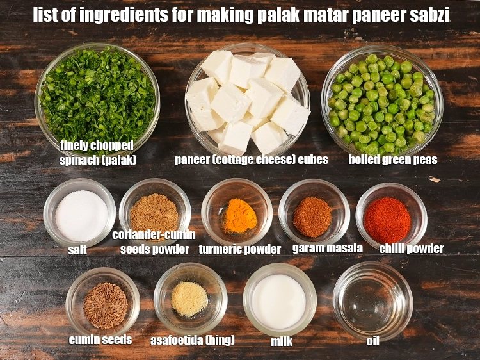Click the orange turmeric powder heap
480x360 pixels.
(240, 216)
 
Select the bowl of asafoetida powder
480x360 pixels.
(190, 299)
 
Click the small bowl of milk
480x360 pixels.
(279, 300)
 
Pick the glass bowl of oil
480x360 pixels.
(372, 300)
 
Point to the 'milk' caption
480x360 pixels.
(282, 341)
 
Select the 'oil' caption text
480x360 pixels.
(373, 341)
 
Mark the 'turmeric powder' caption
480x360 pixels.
(239, 249)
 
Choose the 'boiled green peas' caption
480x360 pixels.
(392, 160)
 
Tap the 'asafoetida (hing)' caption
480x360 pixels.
(192, 340)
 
